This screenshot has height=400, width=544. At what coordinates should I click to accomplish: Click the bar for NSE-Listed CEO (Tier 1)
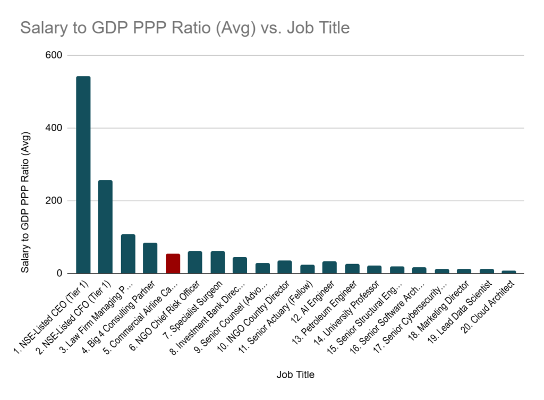(x=83, y=175)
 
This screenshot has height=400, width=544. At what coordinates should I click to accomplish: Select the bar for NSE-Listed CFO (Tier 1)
(x=105, y=227)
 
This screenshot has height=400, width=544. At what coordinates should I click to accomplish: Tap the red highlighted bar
(x=173, y=263)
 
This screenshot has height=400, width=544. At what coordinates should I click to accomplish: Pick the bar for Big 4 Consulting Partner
(x=150, y=258)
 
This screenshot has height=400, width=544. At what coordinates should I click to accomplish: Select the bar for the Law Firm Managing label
(x=128, y=254)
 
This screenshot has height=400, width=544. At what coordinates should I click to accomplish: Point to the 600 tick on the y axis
(x=55, y=55)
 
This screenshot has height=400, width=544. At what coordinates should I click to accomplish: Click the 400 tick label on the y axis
(x=55, y=128)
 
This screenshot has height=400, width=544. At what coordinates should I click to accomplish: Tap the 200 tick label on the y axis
(x=55, y=201)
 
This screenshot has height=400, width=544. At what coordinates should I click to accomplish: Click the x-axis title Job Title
(x=295, y=375)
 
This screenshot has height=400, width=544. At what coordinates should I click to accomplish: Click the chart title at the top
(x=185, y=28)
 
